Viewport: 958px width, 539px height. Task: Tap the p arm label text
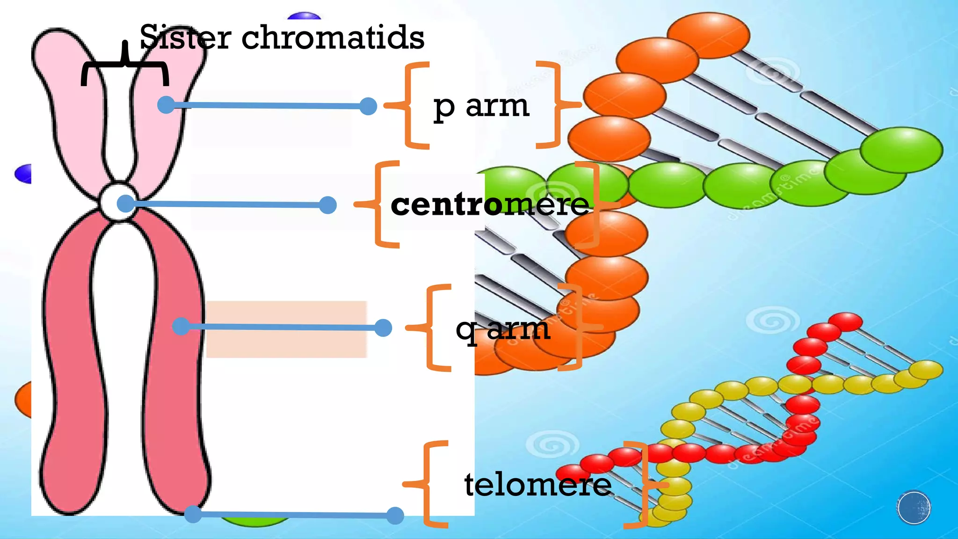(x=481, y=107)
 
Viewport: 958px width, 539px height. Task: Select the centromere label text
(x=489, y=204)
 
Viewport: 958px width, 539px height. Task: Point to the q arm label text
(x=502, y=329)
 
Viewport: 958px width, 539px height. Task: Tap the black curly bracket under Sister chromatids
(x=125, y=66)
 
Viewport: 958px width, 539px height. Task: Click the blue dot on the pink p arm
(x=166, y=104)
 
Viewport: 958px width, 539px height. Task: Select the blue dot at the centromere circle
(x=125, y=204)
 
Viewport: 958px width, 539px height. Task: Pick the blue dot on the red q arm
(x=181, y=326)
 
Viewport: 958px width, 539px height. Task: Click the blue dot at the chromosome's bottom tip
(x=193, y=514)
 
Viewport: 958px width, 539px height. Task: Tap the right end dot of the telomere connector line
(x=395, y=516)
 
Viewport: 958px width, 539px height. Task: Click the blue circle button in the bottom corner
(x=914, y=508)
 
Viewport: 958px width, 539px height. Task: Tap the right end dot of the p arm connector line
(x=369, y=106)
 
